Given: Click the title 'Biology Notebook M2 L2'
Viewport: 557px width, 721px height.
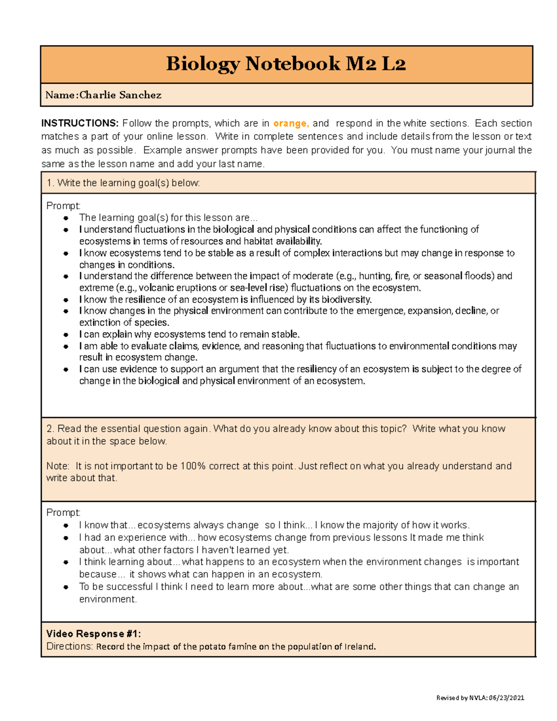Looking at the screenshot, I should click(x=286, y=64).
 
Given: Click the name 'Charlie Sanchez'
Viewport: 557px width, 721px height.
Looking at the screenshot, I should click(x=120, y=95).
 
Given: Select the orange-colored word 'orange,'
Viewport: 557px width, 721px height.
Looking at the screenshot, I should click(x=291, y=123).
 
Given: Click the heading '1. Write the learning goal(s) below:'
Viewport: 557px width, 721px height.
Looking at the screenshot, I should click(x=123, y=183).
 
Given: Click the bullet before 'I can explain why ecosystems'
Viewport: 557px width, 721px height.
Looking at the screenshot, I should click(x=66, y=335).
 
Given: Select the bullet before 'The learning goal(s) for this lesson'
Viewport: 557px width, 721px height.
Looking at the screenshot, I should click(x=66, y=218).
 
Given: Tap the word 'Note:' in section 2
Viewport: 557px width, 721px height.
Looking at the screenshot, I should click(x=58, y=466).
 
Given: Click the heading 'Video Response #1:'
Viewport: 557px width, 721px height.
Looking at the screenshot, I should click(x=93, y=634).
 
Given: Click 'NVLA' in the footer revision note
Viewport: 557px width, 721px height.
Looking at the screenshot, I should click(x=478, y=698).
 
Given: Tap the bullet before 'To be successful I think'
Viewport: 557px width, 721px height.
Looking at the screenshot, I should click(x=66, y=587).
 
